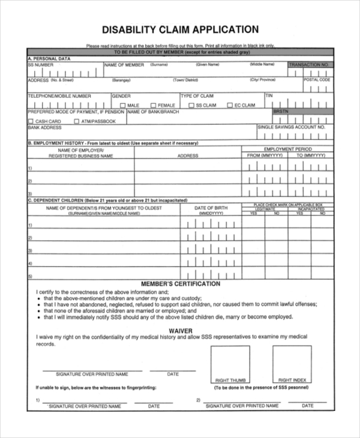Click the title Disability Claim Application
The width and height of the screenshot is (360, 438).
[180, 29]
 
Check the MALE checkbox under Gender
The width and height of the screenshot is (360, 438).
[122, 106]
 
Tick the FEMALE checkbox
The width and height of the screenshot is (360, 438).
[153, 106]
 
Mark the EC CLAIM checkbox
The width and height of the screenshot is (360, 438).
[230, 106]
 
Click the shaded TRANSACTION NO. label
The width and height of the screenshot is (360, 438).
[309, 65]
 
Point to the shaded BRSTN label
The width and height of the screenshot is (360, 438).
[281, 112]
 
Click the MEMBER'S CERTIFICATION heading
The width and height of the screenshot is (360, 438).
[180, 284]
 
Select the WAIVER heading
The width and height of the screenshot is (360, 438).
[180, 331]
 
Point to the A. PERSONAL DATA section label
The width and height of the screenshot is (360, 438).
[49, 59]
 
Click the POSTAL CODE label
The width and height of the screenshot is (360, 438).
[317, 80]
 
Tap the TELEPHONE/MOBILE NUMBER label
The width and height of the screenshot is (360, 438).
[59, 96]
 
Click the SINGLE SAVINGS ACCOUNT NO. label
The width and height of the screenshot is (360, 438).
[291, 127]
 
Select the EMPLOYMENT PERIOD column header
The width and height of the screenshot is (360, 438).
[287, 149]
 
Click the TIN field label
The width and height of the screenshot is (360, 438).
[269, 95]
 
